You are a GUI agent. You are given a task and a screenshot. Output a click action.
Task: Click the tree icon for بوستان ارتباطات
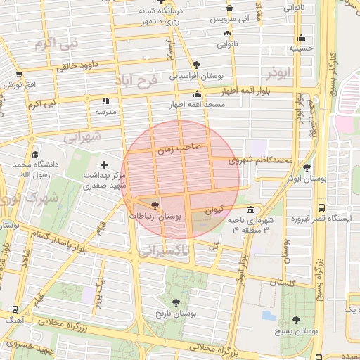tap(155, 206)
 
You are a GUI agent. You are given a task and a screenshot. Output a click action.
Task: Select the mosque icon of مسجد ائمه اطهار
tap(198, 94)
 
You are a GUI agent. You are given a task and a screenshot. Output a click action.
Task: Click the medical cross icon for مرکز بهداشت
tap(105, 165)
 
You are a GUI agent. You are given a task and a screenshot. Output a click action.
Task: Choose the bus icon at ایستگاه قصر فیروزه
tap(321, 208)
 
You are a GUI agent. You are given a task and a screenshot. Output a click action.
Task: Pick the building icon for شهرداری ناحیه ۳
tap(251, 210)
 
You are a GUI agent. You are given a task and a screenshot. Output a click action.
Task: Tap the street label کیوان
tap(214, 210)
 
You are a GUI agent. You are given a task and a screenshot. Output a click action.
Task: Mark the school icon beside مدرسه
tap(105, 101)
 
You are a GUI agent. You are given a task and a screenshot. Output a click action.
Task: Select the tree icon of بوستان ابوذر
tap(307, 167)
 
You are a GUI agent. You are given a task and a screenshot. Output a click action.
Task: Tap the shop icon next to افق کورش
tap(19, 75)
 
